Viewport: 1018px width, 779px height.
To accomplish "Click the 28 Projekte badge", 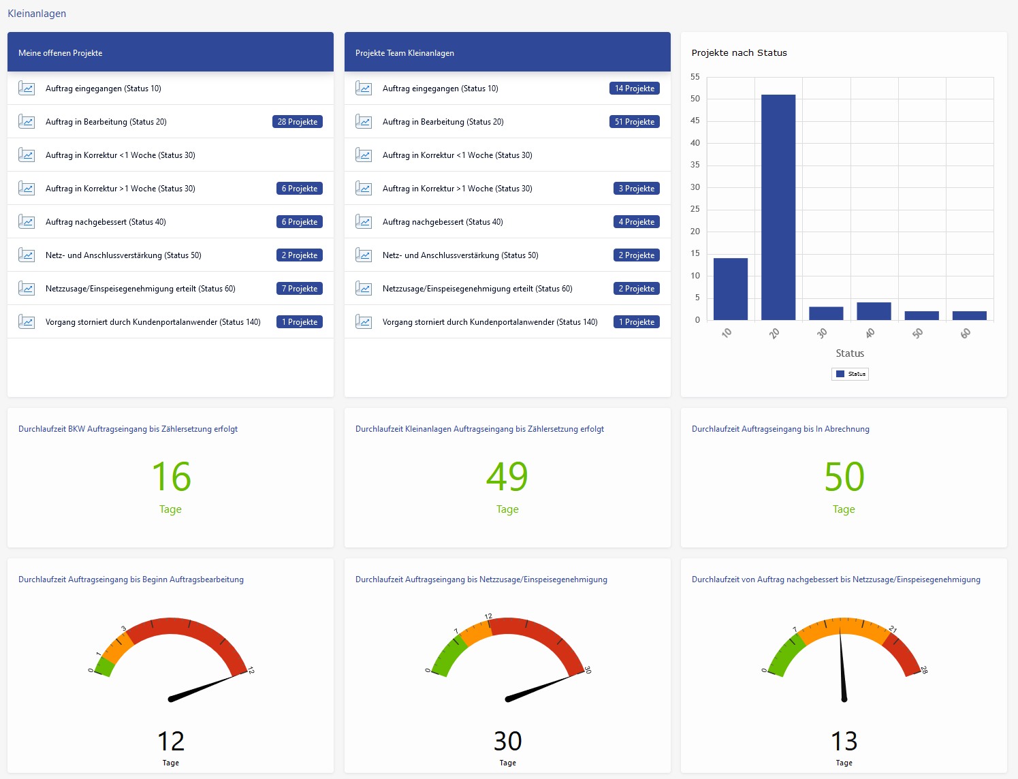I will coord(298,122).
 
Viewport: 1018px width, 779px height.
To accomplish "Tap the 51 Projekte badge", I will coord(635,122).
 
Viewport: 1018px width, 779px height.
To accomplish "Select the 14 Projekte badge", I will coord(635,89).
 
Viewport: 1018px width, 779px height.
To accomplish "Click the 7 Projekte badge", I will coord(300,289).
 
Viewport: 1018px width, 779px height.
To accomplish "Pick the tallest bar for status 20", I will coord(778,207).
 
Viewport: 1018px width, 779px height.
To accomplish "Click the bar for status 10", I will coord(731,289).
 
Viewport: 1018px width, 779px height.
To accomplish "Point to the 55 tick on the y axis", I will coord(695,77).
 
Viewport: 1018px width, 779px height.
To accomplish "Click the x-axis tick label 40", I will coord(870,333).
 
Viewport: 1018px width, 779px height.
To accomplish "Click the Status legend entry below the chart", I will coord(850,374).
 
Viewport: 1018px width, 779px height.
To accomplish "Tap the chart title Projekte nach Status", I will coord(739,53).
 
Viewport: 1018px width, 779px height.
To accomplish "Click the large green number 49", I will coord(507,477).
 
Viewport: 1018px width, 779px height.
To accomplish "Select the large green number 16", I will coord(171,477).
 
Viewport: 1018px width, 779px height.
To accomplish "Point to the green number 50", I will coord(844,477).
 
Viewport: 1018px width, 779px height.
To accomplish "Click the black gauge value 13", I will coord(844,741).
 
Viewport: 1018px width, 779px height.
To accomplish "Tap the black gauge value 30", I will coord(507,741).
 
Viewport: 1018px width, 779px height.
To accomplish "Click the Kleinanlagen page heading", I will coord(37,14).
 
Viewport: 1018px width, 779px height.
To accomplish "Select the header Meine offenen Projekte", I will coord(61,53).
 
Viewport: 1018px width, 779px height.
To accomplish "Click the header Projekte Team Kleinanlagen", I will coord(404,53).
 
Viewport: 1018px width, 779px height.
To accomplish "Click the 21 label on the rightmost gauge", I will coord(893,629).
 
